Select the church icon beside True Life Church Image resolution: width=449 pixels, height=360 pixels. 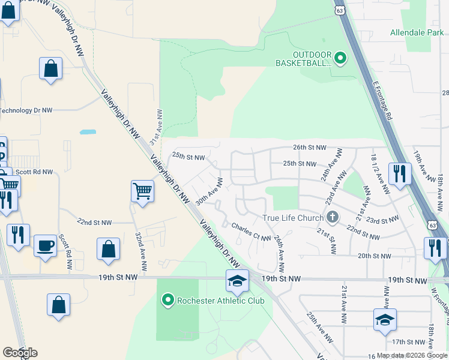tap(333, 217)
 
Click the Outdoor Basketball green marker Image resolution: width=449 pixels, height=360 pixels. tap(340, 58)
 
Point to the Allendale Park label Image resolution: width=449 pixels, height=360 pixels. tap(415, 32)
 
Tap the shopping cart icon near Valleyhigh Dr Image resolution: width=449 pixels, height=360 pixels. tap(142, 192)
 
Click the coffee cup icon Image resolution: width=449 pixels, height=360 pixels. tap(46, 246)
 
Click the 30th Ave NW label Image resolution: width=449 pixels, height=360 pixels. tap(210, 191)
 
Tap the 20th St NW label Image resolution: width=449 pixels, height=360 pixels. tap(374, 256)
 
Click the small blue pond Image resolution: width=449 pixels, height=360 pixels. tap(88, 131)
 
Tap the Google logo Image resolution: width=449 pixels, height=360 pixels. tap(20, 353)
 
